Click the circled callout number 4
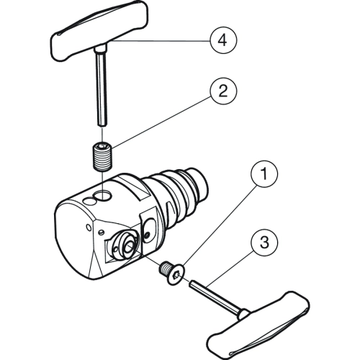point(223,40)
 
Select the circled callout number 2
point(223,91)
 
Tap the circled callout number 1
point(264,174)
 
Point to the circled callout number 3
point(264,243)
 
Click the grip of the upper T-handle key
point(99,30)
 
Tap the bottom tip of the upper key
point(102,125)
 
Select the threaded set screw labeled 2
point(103,157)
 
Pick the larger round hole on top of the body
point(103,195)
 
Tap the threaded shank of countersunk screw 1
point(164,268)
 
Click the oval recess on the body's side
point(150,228)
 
